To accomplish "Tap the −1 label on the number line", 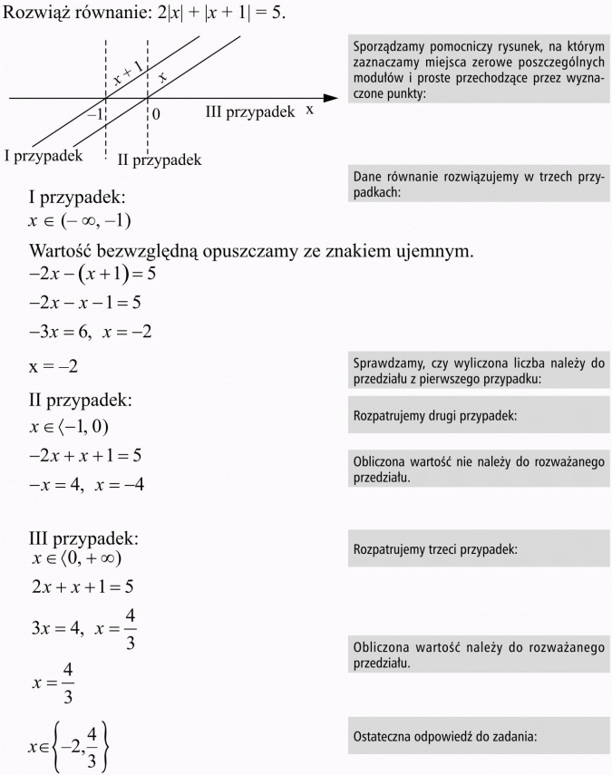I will pos(94,114).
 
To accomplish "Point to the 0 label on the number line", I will pos(156,114).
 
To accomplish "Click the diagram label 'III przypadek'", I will pos(250,111).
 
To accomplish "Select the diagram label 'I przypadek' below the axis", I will pos(44,155).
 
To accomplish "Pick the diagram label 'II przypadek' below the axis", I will pos(159,160).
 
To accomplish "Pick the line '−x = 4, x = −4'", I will pos(87,485).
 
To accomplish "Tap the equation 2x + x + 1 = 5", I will pos(83,586).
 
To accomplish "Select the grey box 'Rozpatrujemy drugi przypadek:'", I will pos(479,416).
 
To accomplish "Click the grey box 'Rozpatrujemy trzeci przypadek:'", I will pos(479,549).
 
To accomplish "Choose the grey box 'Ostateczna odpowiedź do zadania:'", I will pos(479,736).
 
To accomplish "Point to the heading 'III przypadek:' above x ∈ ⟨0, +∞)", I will pos(83,538).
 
